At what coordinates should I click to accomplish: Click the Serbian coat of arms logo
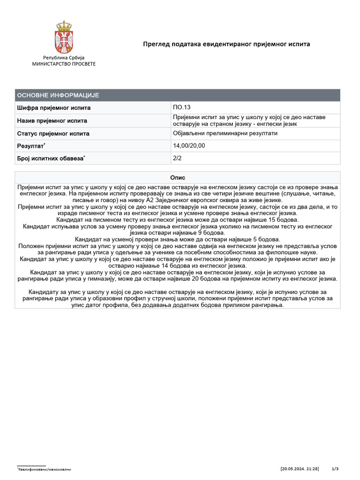click(x=63, y=37)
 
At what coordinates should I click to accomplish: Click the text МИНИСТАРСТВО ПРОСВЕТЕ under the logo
click(x=64, y=63)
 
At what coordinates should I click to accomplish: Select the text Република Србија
click(x=64, y=57)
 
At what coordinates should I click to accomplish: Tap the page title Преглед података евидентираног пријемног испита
click(x=226, y=44)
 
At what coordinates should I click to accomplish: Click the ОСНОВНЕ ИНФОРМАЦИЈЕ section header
click(x=58, y=95)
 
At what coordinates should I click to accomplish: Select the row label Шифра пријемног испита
click(x=54, y=108)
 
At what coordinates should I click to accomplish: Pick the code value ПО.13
click(x=182, y=108)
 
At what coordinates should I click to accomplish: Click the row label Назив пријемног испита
click(x=52, y=120)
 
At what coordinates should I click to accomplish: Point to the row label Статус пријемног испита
click(x=53, y=133)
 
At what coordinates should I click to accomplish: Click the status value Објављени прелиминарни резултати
click(x=225, y=133)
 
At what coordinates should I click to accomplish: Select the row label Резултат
click(x=31, y=146)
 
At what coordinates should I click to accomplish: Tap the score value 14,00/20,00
click(x=189, y=146)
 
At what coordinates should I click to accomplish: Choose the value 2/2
click(x=178, y=158)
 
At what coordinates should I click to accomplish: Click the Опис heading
click(x=178, y=178)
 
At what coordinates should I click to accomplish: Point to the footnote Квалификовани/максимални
click(x=45, y=469)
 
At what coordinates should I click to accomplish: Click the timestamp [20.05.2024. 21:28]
click(x=300, y=469)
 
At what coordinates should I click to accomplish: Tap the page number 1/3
click(x=335, y=469)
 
